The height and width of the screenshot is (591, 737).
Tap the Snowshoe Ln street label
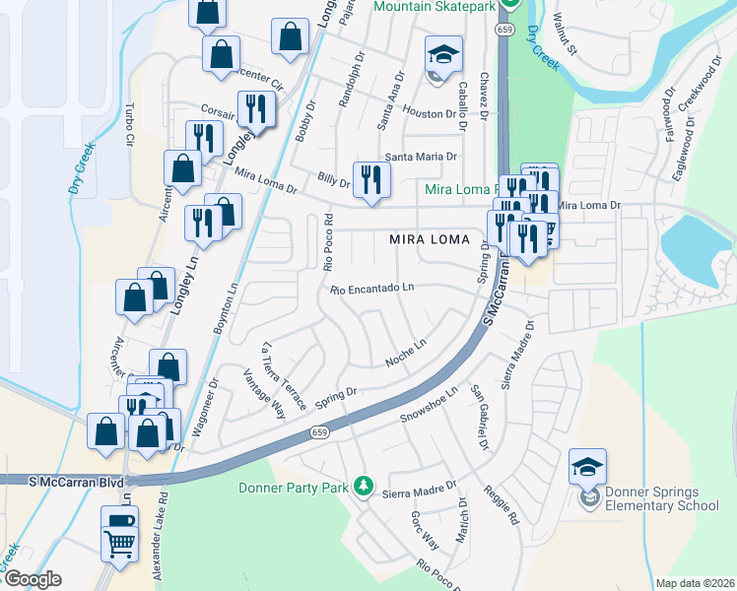point(430,405)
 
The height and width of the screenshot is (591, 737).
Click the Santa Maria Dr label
point(421,157)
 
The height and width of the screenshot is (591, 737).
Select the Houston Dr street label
point(426,114)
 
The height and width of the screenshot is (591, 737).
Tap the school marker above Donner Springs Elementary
point(587,467)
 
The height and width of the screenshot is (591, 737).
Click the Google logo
point(32,579)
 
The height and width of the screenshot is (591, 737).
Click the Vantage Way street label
point(265,393)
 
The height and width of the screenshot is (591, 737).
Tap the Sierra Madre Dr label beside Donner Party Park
point(420,489)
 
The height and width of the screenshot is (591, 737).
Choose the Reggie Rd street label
point(500,505)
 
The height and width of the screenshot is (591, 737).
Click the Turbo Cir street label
point(129,125)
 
